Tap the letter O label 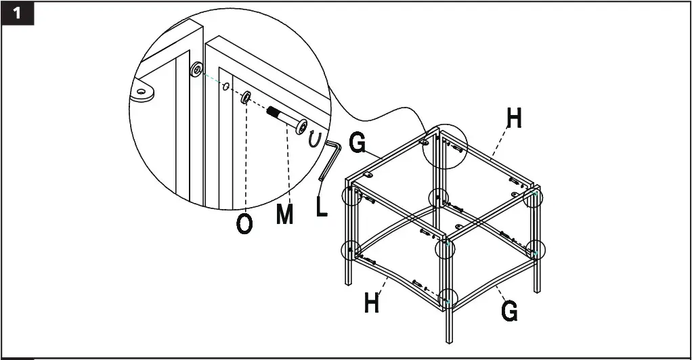(x=244, y=224)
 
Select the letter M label (x=285, y=215)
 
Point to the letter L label (x=322, y=206)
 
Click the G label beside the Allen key (x=357, y=144)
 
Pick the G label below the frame (x=509, y=311)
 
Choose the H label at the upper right (x=515, y=118)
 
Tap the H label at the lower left (x=371, y=302)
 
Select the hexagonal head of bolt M (x=300, y=126)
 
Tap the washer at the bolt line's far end (x=196, y=69)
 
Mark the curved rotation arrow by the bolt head (x=314, y=139)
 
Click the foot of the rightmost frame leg (x=536, y=290)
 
